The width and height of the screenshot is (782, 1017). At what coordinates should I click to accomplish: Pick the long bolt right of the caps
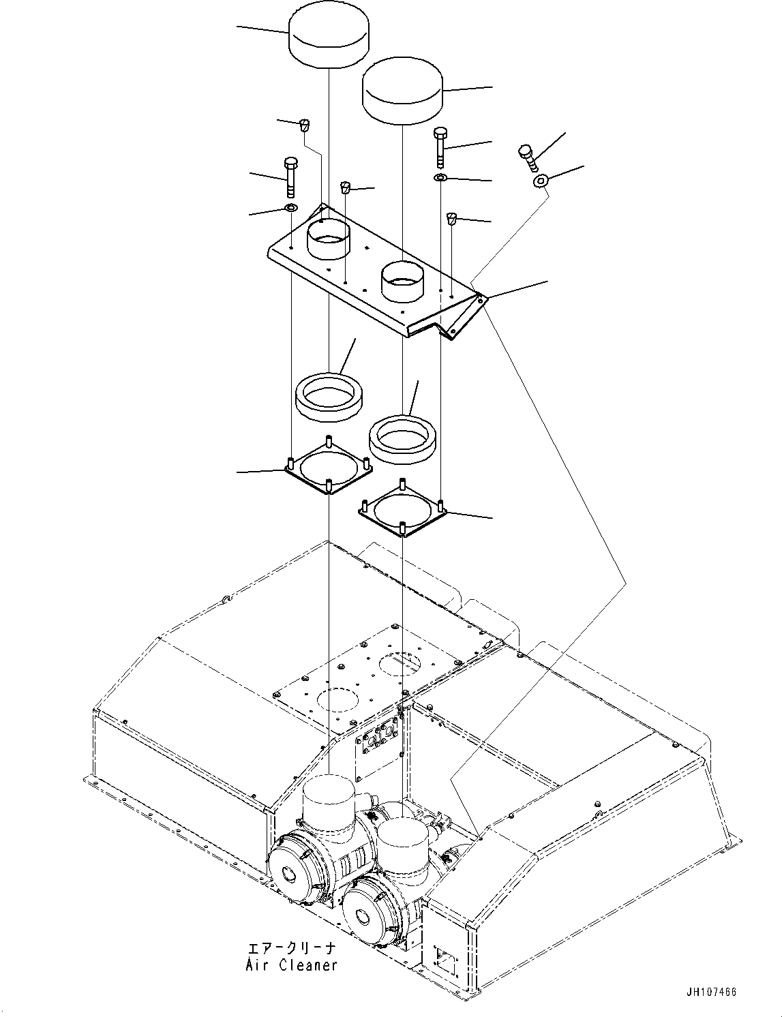point(440,147)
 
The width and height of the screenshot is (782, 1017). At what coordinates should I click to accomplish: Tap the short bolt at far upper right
point(528,158)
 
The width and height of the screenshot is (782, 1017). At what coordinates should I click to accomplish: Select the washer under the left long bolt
point(290,207)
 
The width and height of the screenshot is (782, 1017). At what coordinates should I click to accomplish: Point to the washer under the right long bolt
point(440,178)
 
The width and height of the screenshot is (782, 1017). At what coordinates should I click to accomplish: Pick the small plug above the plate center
point(345,187)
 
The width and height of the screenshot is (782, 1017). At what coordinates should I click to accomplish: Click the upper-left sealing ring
point(330,395)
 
